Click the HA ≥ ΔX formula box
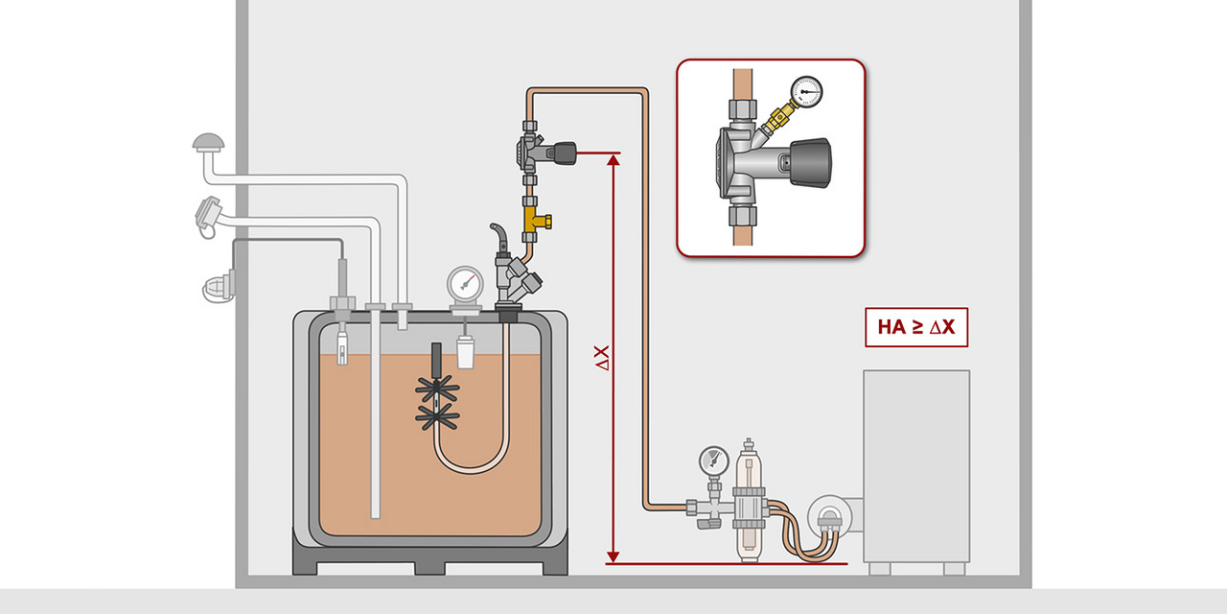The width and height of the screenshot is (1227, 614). [x=915, y=327]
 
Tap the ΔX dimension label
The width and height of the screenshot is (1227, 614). [x=602, y=358]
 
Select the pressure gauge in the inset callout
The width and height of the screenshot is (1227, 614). [x=809, y=90]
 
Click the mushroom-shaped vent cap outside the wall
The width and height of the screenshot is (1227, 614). [x=208, y=144]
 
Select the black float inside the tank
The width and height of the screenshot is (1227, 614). [x=435, y=360]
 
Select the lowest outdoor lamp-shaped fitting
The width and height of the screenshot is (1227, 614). [x=218, y=286]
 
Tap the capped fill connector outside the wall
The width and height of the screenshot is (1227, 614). [x=208, y=212]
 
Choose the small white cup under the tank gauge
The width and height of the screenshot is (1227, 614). [x=466, y=353]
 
